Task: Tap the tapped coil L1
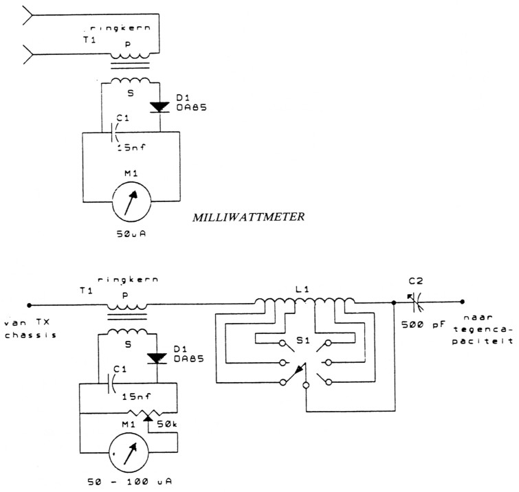click(305, 303)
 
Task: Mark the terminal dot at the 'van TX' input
click(29, 304)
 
